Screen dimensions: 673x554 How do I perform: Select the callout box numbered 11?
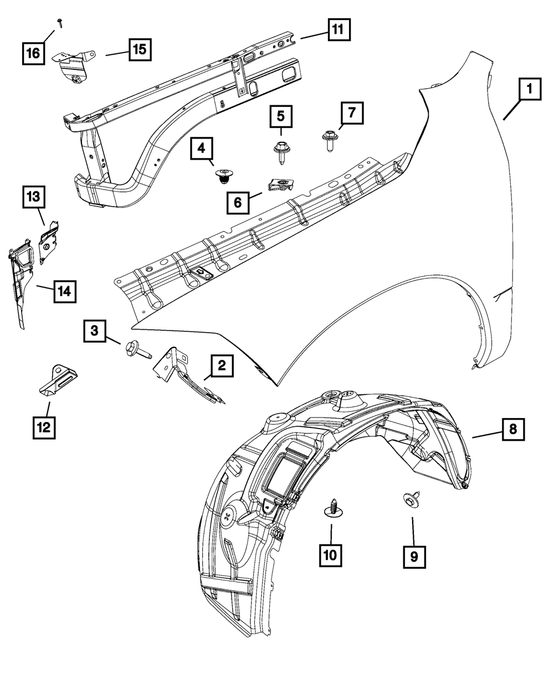click(338, 30)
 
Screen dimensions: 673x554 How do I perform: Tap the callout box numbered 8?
click(513, 429)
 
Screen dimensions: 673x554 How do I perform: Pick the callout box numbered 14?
click(64, 291)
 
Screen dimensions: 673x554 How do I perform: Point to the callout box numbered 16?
click(33, 53)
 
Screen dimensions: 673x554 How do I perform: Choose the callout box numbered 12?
click(43, 426)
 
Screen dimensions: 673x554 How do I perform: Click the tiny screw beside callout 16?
click(59, 22)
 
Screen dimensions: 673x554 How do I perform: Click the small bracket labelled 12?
click(57, 379)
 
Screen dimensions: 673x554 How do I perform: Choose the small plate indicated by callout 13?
click(49, 243)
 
